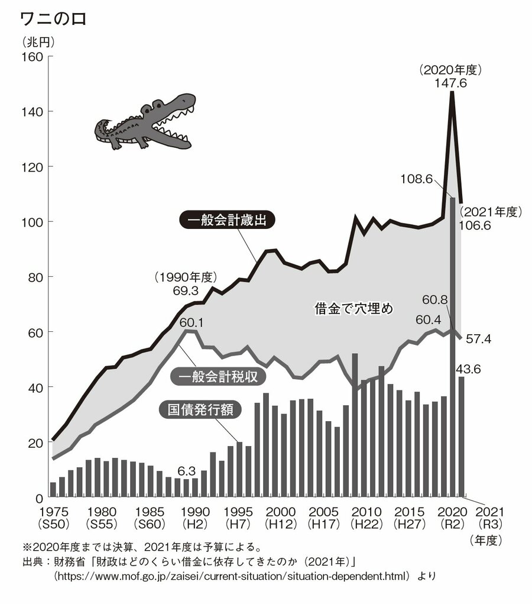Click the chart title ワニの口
(x=53, y=20)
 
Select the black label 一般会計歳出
(x=227, y=221)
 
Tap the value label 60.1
(x=191, y=322)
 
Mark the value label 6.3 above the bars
(x=187, y=471)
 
